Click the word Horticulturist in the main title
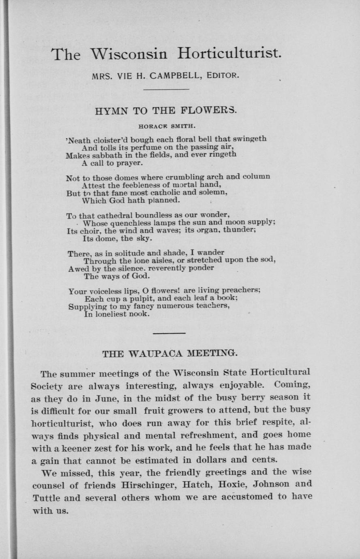[229, 53]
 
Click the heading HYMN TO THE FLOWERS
[165, 110]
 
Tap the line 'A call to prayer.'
[112, 163]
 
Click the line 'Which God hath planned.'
[131, 200]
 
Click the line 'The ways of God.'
[116, 276]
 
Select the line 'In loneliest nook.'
[116, 314]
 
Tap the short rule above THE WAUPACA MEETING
[169, 333]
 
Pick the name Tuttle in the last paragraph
[46, 498]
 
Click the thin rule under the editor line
[167, 89]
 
